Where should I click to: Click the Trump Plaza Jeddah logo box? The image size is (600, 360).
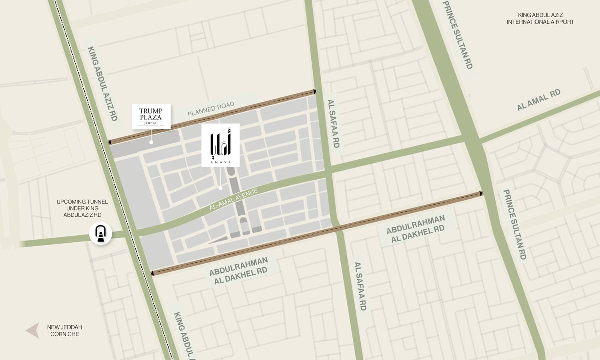pos(151,116)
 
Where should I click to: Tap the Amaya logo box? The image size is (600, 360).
pos(220,145)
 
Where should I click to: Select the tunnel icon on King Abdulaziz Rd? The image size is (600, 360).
pos(100,234)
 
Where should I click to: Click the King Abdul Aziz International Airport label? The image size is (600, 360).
pos(540,19)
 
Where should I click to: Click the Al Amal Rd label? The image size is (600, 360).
pos(539,100)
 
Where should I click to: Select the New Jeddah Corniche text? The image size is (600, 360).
pos(65,330)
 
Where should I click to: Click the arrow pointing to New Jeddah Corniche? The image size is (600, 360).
pos(33,330)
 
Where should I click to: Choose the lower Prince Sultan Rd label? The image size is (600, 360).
pos(515,224)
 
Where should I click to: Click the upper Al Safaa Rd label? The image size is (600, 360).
pos(333,123)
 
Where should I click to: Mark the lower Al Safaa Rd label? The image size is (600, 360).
pos(360,286)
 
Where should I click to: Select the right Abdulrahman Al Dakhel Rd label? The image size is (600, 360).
pos(415,229)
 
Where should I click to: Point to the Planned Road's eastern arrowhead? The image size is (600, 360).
pos(315,91)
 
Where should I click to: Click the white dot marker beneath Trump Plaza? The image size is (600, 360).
pos(151,142)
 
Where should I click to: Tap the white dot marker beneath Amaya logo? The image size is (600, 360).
pos(220,188)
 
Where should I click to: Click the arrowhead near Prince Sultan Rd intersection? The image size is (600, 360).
pos(481,193)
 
